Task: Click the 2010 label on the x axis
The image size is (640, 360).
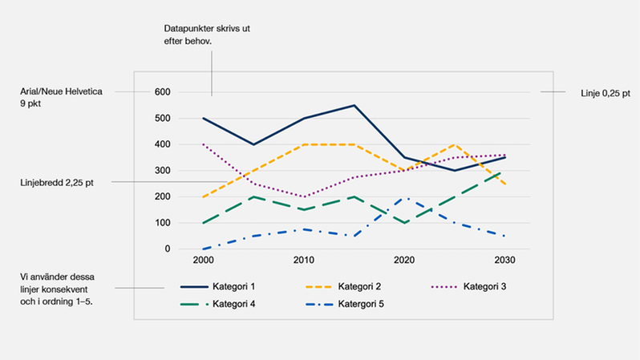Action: [x=302, y=261]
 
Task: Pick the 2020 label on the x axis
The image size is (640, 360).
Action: [x=403, y=261]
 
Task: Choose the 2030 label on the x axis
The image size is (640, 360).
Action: [x=504, y=261]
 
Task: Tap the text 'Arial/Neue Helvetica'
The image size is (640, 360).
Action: [x=61, y=92]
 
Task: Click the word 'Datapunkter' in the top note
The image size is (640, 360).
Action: [x=187, y=28]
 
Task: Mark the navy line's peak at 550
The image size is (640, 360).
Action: [x=353, y=105]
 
